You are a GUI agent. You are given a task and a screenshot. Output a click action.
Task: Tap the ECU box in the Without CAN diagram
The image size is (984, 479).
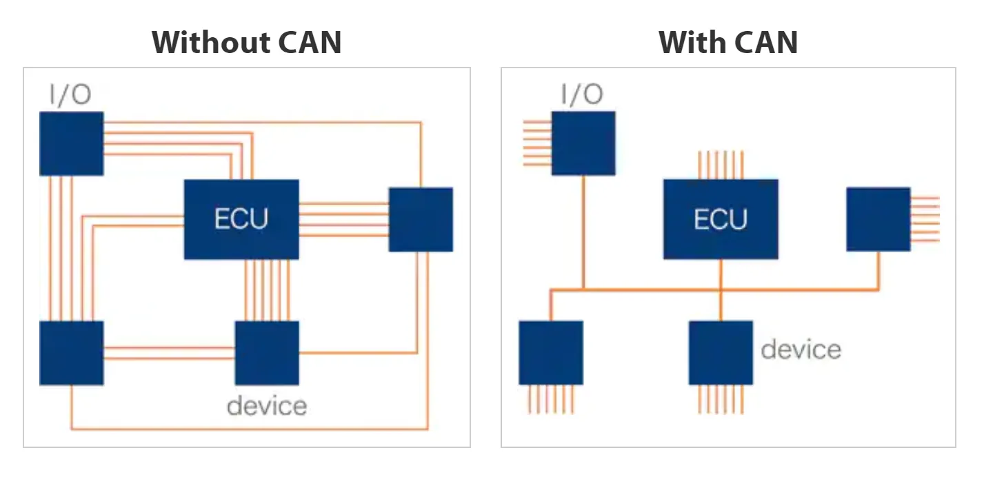[x=241, y=219]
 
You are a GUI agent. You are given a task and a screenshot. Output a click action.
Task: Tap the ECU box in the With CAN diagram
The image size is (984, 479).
[x=721, y=219]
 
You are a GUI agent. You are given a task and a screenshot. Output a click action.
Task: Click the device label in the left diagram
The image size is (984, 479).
[x=267, y=405]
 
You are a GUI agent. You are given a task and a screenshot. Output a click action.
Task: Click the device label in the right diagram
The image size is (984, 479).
[x=801, y=349]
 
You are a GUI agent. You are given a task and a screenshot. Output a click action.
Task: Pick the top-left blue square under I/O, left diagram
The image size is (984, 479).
[x=72, y=143]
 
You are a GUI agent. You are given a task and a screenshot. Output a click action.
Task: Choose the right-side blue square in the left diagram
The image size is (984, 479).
[x=421, y=219]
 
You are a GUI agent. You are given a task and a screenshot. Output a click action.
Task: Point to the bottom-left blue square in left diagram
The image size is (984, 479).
[x=72, y=353]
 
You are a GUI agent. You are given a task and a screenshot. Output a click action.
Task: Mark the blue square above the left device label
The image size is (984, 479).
[x=267, y=353]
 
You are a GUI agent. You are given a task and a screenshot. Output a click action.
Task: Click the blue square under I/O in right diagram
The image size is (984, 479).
[x=583, y=143]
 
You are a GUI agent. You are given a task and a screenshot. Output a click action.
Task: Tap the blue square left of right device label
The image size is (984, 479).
[x=721, y=353]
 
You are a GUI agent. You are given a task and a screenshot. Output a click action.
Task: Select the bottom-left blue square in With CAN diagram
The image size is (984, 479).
[x=551, y=353]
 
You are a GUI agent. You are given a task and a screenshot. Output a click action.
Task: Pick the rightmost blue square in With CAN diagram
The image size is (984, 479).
[x=878, y=219]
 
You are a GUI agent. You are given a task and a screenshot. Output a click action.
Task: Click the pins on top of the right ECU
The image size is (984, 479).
[x=721, y=165]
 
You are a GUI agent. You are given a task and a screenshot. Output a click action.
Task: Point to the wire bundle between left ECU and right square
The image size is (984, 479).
[x=344, y=219]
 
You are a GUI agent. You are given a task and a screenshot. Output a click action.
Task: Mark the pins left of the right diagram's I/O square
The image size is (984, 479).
[x=537, y=143]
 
